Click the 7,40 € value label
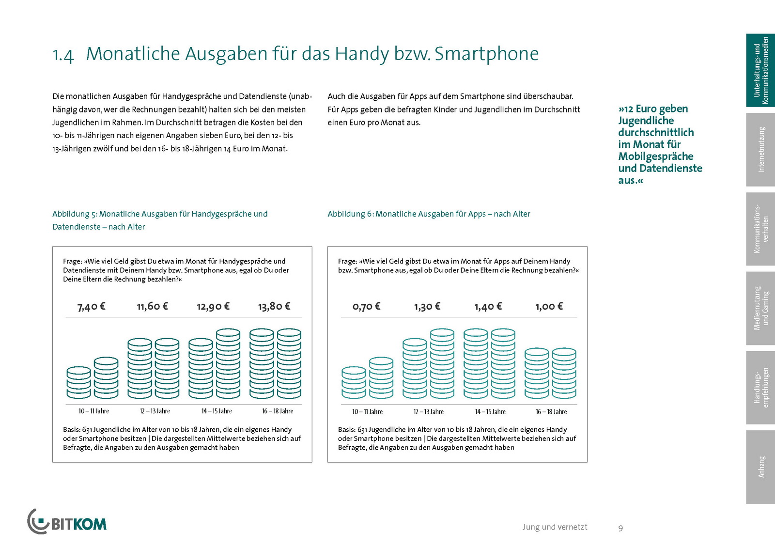91,306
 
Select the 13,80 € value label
274,306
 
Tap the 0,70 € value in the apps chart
366,306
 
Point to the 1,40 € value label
488,306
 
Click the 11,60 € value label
152,306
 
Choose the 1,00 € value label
549,306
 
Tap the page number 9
620,528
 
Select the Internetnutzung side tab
760,150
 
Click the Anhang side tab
760,467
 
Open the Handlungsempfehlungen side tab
760,388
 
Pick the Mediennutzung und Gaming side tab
760,308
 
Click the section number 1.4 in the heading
63,55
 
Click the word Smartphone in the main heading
486,54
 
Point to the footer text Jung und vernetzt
555,527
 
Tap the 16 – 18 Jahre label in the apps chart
551,412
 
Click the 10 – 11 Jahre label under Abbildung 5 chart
93,411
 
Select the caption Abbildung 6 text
429,214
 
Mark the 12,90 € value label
213,306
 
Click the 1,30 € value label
427,306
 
